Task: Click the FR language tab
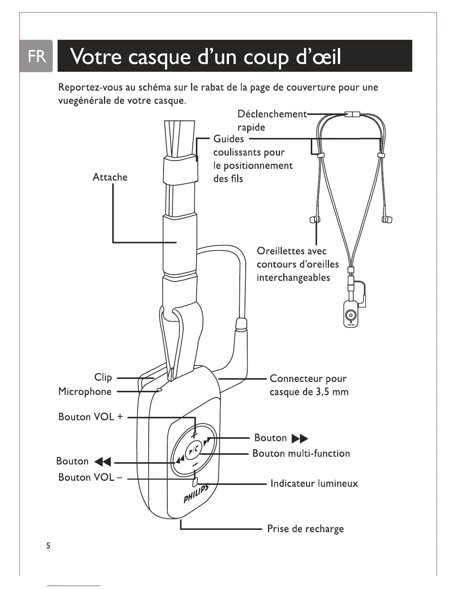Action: click(x=37, y=56)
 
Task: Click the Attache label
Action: click(x=110, y=177)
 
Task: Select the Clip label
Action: click(x=103, y=377)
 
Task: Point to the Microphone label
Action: click(x=85, y=392)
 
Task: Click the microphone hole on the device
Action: click(x=159, y=390)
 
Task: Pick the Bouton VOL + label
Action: click(x=90, y=417)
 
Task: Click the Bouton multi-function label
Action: click(x=301, y=453)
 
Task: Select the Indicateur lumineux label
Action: click(x=314, y=483)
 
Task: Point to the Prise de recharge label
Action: click(x=306, y=529)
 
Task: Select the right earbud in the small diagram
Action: click(x=387, y=220)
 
